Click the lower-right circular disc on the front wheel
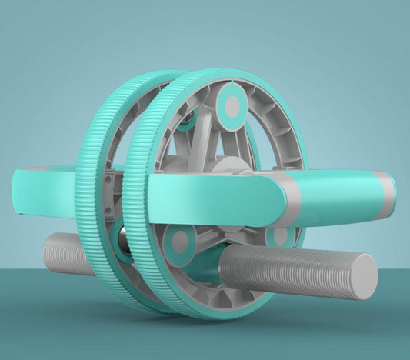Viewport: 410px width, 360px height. pyautogui.click(x=281, y=235)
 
